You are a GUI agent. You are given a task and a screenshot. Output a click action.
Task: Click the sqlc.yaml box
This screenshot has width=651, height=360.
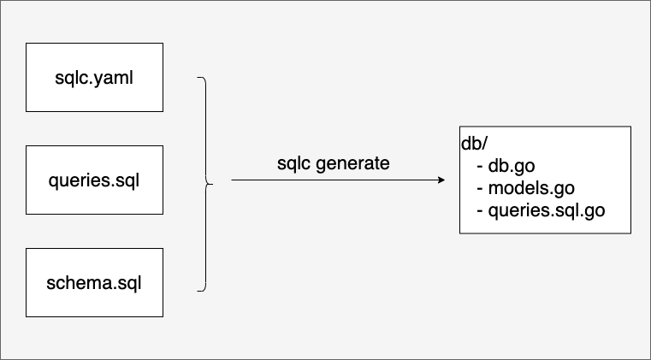pyautogui.click(x=94, y=77)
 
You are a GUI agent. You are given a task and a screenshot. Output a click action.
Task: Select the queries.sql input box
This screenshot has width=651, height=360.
pyautogui.click(x=94, y=180)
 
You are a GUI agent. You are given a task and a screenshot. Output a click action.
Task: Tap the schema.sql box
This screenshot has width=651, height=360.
pyautogui.click(x=94, y=282)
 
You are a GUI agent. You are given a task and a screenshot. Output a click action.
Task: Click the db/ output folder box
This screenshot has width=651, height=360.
pyautogui.click(x=545, y=180)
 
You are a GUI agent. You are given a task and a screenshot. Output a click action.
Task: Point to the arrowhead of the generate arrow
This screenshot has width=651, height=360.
pyautogui.click(x=441, y=180)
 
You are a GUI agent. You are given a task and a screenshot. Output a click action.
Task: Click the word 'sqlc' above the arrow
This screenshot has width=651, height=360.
pyautogui.click(x=293, y=163)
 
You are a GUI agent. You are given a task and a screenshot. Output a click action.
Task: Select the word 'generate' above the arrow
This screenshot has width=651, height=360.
pyautogui.click(x=352, y=164)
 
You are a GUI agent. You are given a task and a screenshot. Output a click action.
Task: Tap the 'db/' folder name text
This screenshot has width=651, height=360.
pyautogui.click(x=474, y=144)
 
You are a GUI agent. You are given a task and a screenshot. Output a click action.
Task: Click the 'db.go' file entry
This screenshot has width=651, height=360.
pyautogui.click(x=511, y=166)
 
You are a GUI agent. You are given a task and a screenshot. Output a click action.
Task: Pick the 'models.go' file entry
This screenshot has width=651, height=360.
pyautogui.click(x=531, y=188)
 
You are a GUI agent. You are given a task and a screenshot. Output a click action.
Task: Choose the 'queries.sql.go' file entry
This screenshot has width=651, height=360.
pyautogui.click(x=547, y=210)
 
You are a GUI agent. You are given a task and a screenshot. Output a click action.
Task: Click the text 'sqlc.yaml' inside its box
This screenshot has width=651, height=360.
pyautogui.click(x=94, y=78)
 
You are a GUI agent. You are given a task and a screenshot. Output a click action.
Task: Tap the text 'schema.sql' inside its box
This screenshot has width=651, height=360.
pyautogui.click(x=94, y=283)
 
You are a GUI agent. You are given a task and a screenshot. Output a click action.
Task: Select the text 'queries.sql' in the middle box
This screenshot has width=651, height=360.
pyautogui.click(x=94, y=180)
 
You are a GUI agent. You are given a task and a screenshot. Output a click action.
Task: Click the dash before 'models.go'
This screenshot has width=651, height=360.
pyautogui.click(x=480, y=189)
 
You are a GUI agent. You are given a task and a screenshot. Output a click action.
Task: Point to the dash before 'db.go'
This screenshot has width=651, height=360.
pyautogui.click(x=480, y=167)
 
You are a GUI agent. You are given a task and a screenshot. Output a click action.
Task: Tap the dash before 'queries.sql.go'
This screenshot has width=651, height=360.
pyautogui.click(x=480, y=211)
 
